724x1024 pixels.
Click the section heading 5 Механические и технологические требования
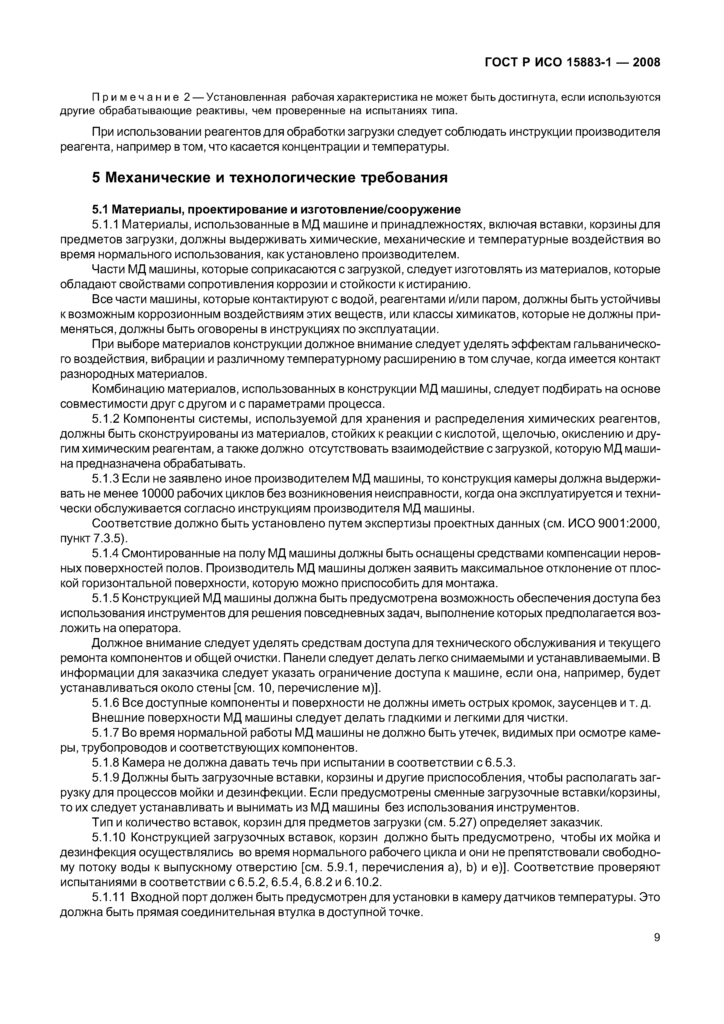(269, 178)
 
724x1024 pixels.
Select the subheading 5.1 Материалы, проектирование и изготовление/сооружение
(276, 209)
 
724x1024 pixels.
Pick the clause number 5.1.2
(105, 419)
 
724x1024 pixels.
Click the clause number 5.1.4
(105, 553)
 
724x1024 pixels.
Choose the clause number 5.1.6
(105, 703)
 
